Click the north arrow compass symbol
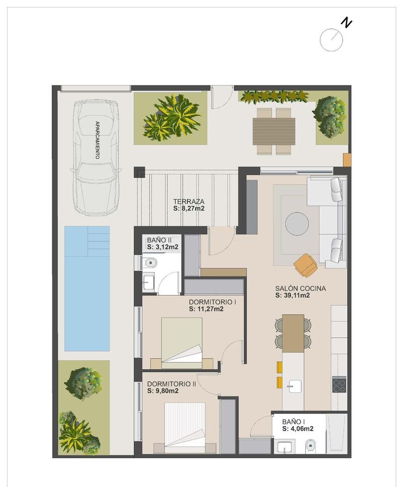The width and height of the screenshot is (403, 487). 332,39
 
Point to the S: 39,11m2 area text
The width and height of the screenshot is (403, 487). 292,296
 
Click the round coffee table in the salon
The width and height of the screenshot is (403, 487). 297,224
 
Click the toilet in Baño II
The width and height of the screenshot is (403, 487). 151,262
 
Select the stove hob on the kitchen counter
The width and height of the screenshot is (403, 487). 339,385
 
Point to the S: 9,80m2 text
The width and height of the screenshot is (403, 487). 164,390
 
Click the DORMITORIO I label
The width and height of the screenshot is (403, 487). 213,302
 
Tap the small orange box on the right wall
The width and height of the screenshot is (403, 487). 347,159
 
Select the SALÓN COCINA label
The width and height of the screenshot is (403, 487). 300,288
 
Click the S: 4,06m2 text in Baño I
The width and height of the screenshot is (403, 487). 298,429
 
